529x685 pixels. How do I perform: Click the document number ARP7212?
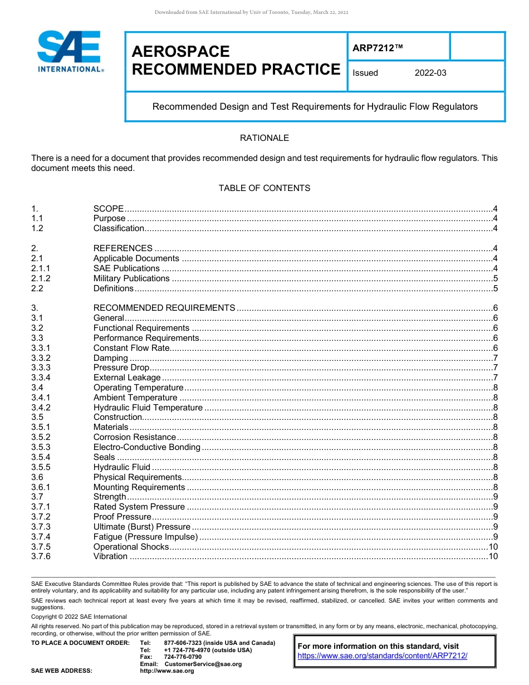coord(377,48)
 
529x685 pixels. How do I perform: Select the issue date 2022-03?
coord(430,73)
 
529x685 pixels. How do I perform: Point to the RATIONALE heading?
coord(264,138)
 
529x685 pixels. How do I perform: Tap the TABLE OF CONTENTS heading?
coord(264,188)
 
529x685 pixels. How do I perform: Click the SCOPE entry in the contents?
coord(108,208)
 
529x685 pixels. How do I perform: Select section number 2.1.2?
coord(41,278)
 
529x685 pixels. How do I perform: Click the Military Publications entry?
coord(131,278)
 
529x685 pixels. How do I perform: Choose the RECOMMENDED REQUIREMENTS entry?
coord(164,308)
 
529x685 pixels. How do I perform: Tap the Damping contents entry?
coord(110,358)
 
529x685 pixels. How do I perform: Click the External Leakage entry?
coord(127,378)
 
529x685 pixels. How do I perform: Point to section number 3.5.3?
coord(41,447)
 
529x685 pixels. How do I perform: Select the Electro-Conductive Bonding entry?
coord(146,447)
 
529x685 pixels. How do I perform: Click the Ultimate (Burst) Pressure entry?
coord(142,527)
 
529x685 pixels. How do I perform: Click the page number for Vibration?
coord(493,557)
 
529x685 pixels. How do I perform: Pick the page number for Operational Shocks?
coord(493,547)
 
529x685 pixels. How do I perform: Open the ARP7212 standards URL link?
coord(383,656)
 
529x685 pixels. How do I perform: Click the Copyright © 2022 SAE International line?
coord(79,616)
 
